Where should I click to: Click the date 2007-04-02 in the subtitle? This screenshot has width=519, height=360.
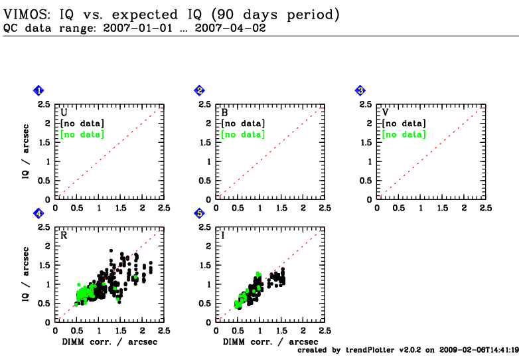[230, 28]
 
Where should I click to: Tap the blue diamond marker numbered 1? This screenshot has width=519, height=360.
[38, 90]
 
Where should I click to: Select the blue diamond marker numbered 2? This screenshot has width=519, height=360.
[199, 90]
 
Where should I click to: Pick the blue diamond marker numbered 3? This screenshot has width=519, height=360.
[360, 90]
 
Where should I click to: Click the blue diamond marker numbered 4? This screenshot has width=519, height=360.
[38, 214]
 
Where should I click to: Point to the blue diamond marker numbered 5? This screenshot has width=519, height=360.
[199, 214]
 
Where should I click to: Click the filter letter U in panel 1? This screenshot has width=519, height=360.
[64, 113]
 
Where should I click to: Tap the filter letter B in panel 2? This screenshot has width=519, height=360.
[224, 113]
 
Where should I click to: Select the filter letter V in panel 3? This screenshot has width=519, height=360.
[386, 113]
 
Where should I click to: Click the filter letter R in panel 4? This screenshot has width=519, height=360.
[64, 236]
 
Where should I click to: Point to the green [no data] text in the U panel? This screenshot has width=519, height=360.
[82, 134]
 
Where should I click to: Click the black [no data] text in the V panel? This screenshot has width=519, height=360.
[404, 124]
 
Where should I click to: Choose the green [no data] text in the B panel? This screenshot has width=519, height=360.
[244, 134]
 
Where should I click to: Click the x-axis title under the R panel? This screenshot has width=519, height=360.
[110, 342]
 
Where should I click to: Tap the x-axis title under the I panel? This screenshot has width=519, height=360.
[270, 342]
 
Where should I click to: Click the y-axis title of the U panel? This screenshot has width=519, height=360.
[25, 151]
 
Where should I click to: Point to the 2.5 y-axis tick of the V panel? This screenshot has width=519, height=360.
[366, 104]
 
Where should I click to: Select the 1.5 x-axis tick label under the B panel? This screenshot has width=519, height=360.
[281, 208]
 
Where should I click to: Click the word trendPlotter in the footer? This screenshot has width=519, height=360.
[370, 350]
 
